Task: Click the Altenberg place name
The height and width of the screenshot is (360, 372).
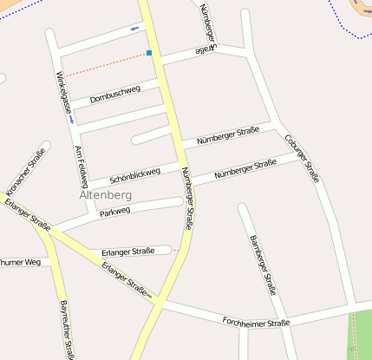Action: pyautogui.click(x=105, y=194)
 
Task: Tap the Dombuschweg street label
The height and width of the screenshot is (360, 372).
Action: pyautogui.click(x=114, y=92)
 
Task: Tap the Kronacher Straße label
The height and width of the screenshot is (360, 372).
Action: pyautogui.click(x=25, y=172)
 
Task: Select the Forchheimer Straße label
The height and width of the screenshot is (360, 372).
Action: pyautogui.click(x=255, y=322)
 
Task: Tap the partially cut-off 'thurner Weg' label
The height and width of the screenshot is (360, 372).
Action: pyautogui.click(x=20, y=261)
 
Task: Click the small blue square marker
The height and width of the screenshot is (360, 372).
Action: pyautogui.click(x=149, y=53)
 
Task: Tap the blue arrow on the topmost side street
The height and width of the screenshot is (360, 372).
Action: pyautogui.click(x=134, y=29)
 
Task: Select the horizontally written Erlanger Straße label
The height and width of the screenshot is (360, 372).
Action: pyautogui.click(x=127, y=251)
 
